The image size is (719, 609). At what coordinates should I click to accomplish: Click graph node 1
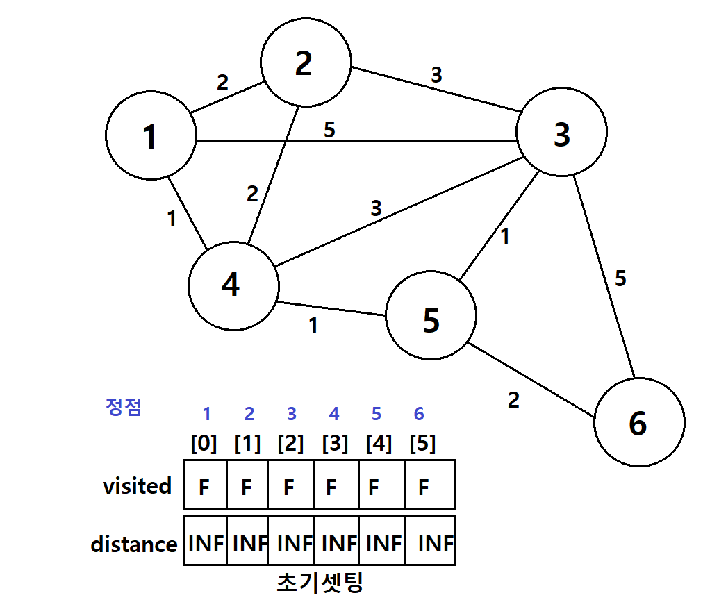click(x=151, y=135)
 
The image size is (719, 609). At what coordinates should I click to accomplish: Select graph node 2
click(x=306, y=62)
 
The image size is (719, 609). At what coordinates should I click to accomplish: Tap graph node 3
click(x=561, y=132)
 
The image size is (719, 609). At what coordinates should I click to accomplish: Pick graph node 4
click(x=233, y=286)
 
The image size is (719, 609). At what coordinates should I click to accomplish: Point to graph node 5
click(x=431, y=315)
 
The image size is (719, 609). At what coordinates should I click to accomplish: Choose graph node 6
click(x=639, y=422)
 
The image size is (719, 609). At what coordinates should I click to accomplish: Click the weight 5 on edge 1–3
click(x=329, y=130)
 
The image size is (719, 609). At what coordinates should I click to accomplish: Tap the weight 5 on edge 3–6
click(x=620, y=278)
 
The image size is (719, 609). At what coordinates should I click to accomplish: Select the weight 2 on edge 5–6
click(x=513, y=400)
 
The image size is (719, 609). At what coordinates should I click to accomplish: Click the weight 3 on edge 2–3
click(x=436, y=75)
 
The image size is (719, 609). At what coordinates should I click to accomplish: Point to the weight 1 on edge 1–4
click(x=172, y=219)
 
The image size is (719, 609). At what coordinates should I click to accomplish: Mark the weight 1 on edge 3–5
click(x=505, y=237)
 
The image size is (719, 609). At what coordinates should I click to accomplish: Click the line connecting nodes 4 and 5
click(x=331, y=309)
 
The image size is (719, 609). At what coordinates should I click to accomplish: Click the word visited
click(x=137, y=485)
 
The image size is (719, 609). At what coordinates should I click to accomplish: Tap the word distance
click(x=134, y=544)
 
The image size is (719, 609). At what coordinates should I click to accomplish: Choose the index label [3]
click(x=336, y=443)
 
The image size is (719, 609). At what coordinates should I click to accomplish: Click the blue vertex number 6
click(x=419, y=414)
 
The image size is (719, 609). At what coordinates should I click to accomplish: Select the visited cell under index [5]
click(x=429, y=485)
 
